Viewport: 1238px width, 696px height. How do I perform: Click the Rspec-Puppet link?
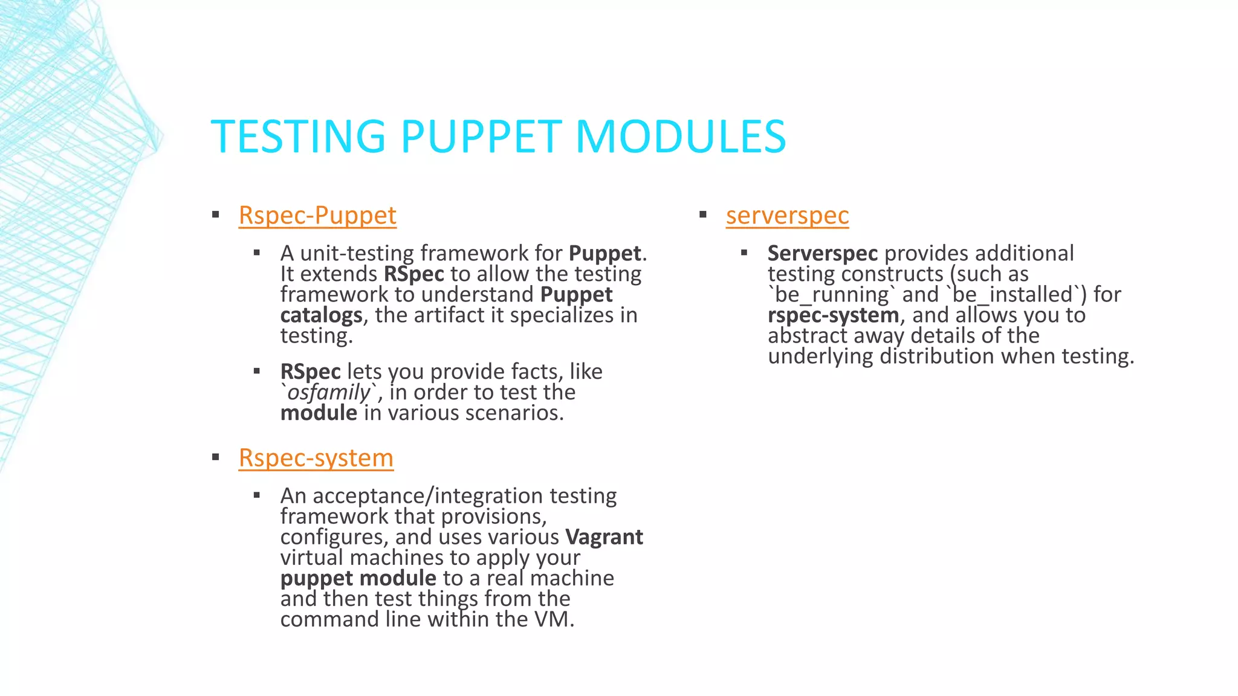pos(317,216)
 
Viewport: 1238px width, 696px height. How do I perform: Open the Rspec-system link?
pos(316,458)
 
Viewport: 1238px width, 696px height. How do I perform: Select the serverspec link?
pos(787,216)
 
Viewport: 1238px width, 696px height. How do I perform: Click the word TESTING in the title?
pos(298,137)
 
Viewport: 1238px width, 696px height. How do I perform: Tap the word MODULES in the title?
pos(681,137)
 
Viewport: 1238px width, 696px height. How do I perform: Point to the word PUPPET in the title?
pos(481,137)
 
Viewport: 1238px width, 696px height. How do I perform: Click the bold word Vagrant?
pos(604,537)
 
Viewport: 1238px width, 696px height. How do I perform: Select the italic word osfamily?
pos(328,393)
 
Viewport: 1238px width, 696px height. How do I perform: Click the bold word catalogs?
pos(321,315)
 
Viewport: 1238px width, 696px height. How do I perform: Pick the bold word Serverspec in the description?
pos(822,254)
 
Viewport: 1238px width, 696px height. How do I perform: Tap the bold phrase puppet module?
pos(358,578)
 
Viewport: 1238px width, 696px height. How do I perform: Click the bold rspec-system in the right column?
pos(833,315)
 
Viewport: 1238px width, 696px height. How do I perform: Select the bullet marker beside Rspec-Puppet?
pos(216,214)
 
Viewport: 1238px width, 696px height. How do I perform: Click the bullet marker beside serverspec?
pos(703,214)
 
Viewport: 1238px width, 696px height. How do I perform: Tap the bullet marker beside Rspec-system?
pos(216,457)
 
